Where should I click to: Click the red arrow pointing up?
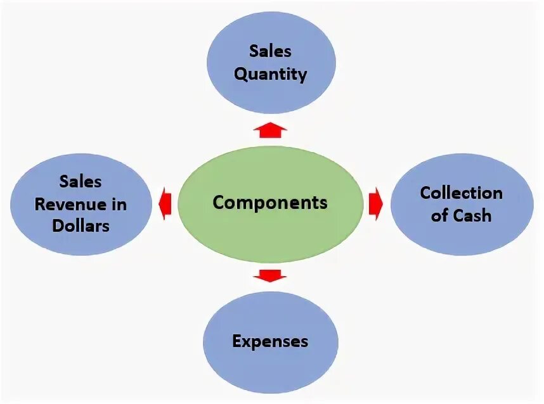click(x=270, y=130)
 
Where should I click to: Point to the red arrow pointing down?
click(x=270, y=275)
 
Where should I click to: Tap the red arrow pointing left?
click(x=165, y=204)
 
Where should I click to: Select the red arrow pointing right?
click(x=375, y=204)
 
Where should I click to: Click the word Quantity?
click(x=271, y=74)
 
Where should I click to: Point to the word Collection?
click(x=461, y=193)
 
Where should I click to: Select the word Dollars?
click(x=81, y=226)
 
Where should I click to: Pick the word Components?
click(x=270, y=203)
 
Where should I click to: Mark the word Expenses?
click(x=270, y=342)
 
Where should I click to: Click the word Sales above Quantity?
click(x=271, y=51)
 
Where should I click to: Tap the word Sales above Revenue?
click(x=81, y=182)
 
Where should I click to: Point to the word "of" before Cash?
click(x=439, y=215)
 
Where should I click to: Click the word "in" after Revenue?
click(x=118, y=205)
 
